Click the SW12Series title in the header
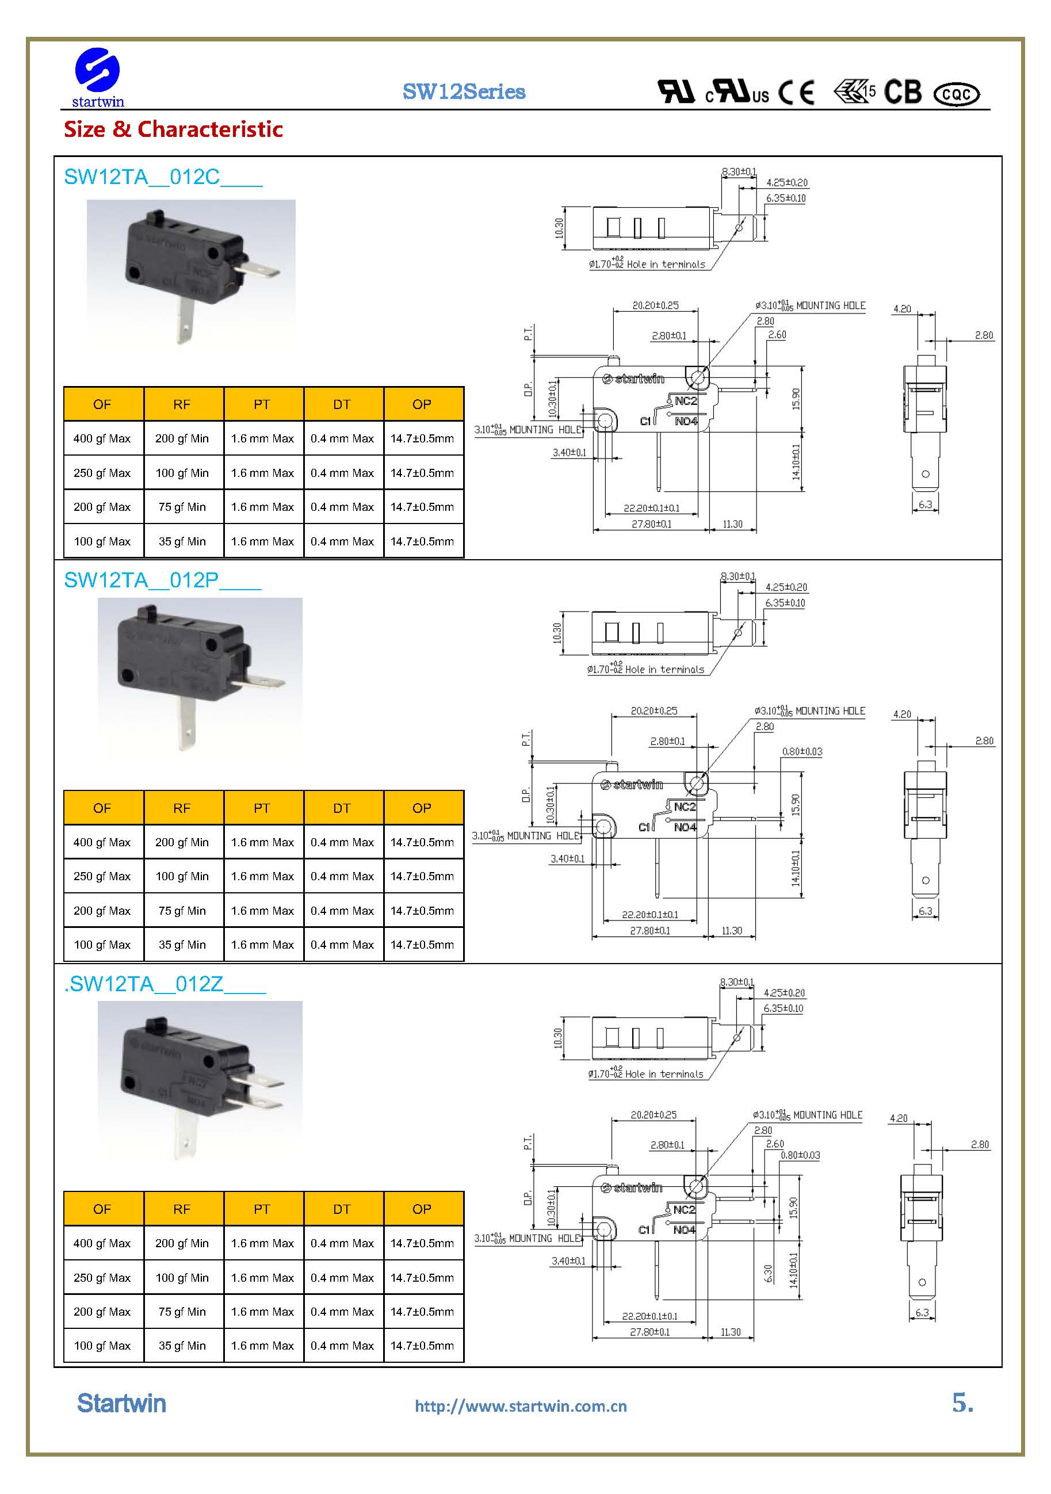(x=463, y=91)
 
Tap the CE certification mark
(x=796, y=93)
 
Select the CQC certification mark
(x=956, y=94)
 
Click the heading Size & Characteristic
(x=173, y=129)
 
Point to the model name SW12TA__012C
(x=163, y=177)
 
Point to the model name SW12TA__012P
(x=162, y=580)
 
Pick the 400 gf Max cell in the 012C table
(x=102, y=438)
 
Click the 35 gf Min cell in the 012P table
(x=182, y=945)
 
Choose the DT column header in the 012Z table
(x=342, y=1209)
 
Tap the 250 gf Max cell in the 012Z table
(x=102, y=1277)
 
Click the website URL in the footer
(x=521, y=1406)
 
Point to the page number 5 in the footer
(x=961, y=1403)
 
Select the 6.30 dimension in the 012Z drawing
(x=768, y=1274)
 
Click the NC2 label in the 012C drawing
(x=685, y=401)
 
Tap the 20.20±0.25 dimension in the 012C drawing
(x=655, y=305)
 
